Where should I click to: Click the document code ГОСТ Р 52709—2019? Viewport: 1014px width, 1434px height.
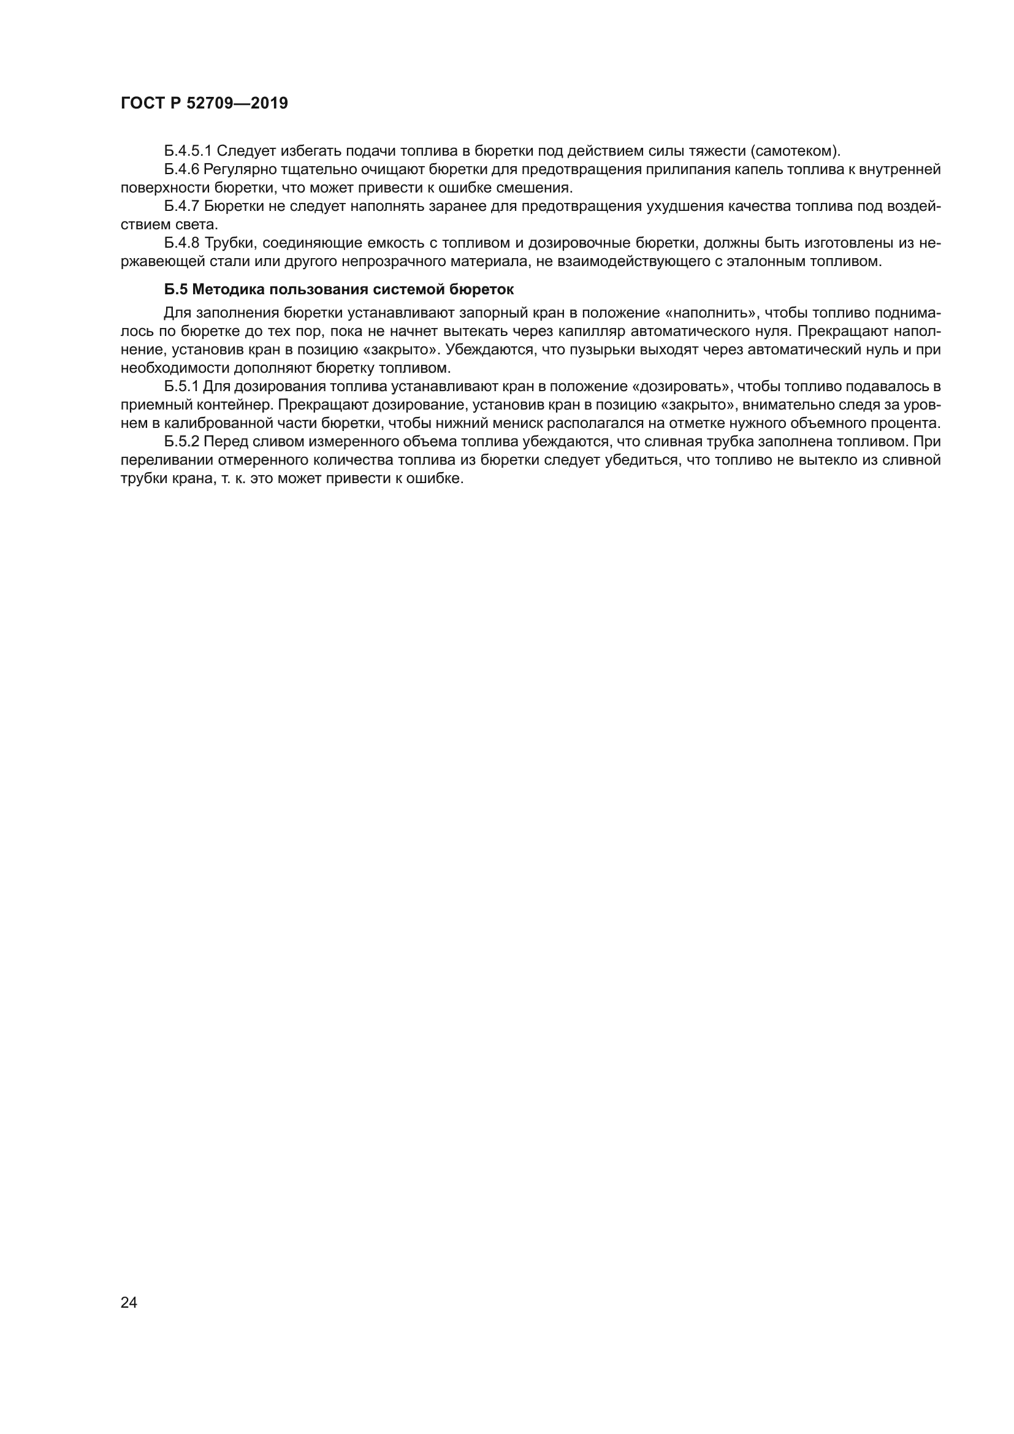(x=204, y=103)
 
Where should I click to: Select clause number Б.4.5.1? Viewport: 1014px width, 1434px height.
(x=188, y=151)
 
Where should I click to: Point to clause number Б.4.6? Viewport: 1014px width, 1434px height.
(x=181, y=169)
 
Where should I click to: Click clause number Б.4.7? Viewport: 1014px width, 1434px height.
(x=181, y=206)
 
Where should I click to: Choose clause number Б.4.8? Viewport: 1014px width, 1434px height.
(x=181, y=243)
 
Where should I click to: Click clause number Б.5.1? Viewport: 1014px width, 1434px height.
(x=181, y=386)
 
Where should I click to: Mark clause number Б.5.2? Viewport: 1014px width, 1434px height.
(x=181, y=441)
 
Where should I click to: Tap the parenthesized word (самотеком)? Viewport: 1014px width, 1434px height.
(x=796, y=151)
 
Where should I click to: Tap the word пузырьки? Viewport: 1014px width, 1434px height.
(x=598, y=349)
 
